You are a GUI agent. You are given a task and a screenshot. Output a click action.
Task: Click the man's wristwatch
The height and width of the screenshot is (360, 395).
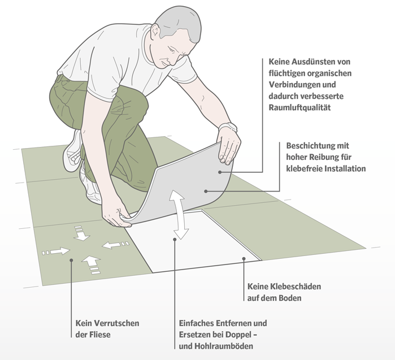click(228, 128)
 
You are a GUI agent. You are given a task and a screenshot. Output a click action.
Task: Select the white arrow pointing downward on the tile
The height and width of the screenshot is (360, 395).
click(81, 233)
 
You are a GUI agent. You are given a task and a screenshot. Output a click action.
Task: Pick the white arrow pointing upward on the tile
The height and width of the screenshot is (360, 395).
click(90, 263)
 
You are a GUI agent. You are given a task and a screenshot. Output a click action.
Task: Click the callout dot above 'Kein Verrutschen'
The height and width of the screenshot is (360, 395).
click(71, 261)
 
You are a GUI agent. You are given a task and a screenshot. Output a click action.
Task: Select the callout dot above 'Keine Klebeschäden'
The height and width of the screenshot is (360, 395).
click(244, 259)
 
